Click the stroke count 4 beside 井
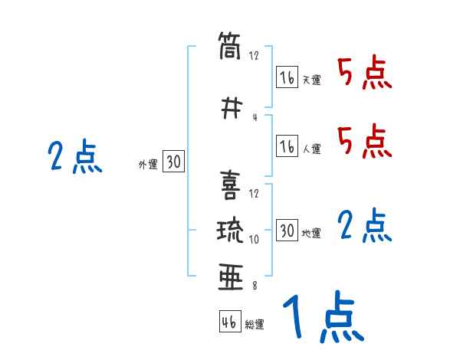click(x=254, y=117)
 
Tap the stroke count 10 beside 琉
click(x=255, y=239)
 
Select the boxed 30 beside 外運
click(x=173, y=162)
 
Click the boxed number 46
click(x=229, y=322)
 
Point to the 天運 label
click(x=311, y=80)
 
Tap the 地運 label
click(x=311, y=233)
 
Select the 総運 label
click(x=255, y=324)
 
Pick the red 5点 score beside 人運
click(x=364, y=140)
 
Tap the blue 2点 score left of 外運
click(x=74, y=158)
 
